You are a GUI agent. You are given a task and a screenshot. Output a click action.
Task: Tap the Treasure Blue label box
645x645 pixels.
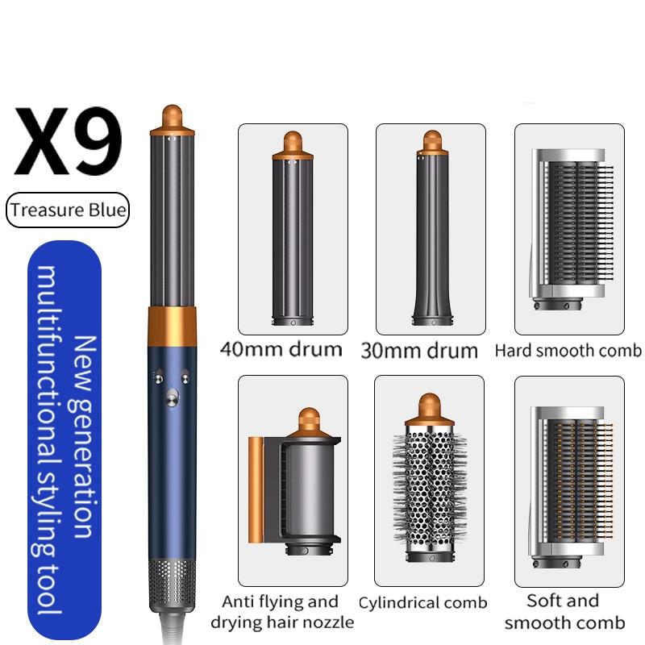click(68, 210)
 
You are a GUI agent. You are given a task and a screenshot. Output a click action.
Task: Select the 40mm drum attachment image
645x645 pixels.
click(293, 230)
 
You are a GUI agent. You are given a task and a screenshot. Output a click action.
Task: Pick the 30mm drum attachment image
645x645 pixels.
click(431, 230)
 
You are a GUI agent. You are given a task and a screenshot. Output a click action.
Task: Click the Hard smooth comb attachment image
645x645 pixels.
click(569, 230)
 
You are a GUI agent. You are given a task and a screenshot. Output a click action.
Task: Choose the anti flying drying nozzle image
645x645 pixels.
click(293, 482)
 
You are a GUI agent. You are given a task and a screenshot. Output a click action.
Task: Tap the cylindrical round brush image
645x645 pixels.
click(430, 482)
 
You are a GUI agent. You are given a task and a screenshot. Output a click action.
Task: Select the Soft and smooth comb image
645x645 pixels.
click(569, 482)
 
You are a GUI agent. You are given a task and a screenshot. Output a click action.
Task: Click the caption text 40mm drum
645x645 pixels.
click(281, 350)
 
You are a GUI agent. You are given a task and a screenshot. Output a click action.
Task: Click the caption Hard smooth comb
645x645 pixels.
click(568, 351)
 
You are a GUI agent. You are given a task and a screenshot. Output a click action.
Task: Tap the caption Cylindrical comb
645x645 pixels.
click(423, 602)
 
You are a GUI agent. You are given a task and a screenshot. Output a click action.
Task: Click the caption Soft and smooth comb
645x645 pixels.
click(564, 611)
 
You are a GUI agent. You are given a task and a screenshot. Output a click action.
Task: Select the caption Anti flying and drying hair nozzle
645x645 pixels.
click(282, 611)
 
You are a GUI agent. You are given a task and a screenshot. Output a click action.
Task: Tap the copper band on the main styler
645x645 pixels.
click(173, 324)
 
